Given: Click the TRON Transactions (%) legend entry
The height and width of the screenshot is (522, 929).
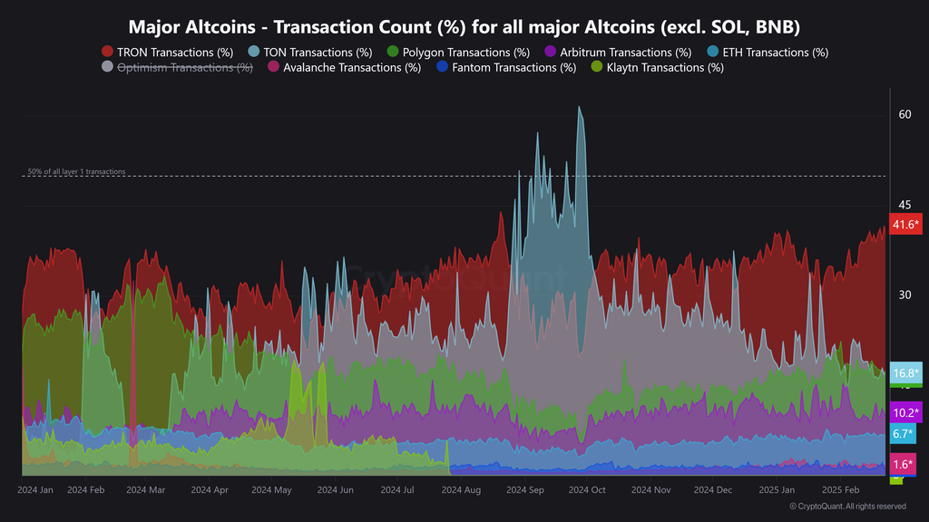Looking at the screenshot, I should [x=167, y=53].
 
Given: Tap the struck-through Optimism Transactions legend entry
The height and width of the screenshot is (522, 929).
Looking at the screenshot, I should [x=176, y=67].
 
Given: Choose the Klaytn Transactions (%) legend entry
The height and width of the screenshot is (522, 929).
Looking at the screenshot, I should [x=657, y=67].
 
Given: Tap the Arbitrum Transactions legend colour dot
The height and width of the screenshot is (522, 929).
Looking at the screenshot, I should [x=550, y=53].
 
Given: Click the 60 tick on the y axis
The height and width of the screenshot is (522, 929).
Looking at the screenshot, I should [x=905, y=114].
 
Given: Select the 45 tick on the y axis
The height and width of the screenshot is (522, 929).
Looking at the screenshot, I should [x=905, y=205].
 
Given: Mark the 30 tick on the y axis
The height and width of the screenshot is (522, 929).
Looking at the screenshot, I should [x=905, y=295].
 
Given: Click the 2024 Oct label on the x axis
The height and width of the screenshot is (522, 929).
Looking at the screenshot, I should [x=586, y=489].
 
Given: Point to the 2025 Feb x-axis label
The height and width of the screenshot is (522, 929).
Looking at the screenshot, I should [x=839, y=489].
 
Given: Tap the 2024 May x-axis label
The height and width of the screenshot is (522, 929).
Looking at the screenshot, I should [x=271, y=489].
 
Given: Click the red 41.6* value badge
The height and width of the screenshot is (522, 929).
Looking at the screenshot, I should [x=905, y=225].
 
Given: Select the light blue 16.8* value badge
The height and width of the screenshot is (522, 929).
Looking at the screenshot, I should [x=905, y=372].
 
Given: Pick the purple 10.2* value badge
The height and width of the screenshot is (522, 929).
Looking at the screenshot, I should [x=905, y=412].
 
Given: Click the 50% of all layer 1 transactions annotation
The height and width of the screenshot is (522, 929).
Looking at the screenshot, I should [x=76, y=171].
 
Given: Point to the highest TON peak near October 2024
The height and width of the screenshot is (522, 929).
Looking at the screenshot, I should [x=579, y=107].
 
